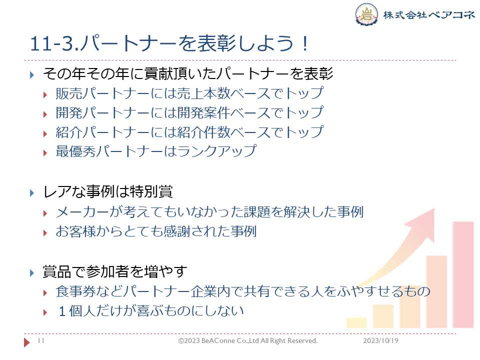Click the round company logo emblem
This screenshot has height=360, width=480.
(x=366, y=14)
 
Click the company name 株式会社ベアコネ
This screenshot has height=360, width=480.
(x=429, y=14)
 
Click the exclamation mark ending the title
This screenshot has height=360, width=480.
(x=304, y=43)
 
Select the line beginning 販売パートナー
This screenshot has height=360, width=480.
(x=189, y=93)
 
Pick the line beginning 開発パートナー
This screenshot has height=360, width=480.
(x=189, y=112)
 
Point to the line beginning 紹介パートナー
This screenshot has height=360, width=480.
(x=189, y=132)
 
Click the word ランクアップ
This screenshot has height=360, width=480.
(x=217, y=151)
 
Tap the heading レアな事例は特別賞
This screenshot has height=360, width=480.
(x=108, y=192)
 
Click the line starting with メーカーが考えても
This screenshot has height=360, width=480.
(x=209, y=212)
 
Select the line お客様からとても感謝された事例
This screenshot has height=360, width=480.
(x=156, y=231)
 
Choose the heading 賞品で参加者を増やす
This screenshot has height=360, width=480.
(x=115, y=271)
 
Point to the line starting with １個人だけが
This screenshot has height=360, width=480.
(x=150, y=311)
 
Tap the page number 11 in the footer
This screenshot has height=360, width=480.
(x=41, y=340)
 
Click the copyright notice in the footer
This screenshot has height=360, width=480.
(x=248, y=340)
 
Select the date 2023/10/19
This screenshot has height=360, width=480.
(x=381, y=340)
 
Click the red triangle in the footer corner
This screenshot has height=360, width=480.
(x=26, y=342)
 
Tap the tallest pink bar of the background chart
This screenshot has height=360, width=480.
(x=463, y=275)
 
